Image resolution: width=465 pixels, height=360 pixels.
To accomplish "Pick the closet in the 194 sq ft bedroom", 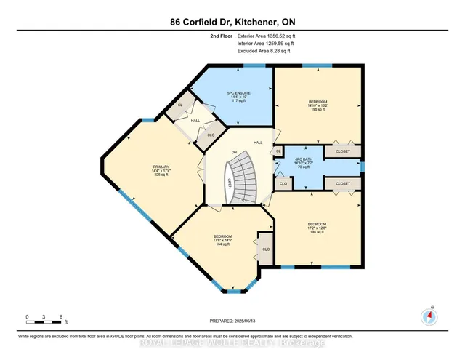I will [342, 185].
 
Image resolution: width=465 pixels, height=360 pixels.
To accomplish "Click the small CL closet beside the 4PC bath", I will [278, 151].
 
